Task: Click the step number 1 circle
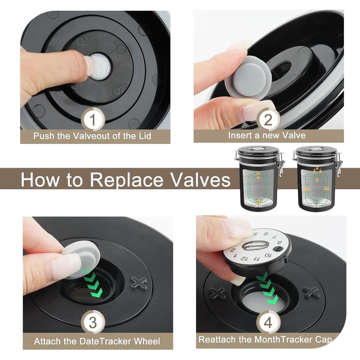coord(93,119)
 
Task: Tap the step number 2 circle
coord(268,119)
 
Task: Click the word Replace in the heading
coord(127,179)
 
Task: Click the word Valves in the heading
coord(200,179)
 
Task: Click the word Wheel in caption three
coord(147,341)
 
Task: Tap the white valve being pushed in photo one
coord(100,66)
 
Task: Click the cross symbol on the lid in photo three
coord(139,283)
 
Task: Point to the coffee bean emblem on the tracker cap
coord(255,245)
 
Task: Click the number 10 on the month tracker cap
coord(268,255)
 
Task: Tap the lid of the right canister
coord(316,150)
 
